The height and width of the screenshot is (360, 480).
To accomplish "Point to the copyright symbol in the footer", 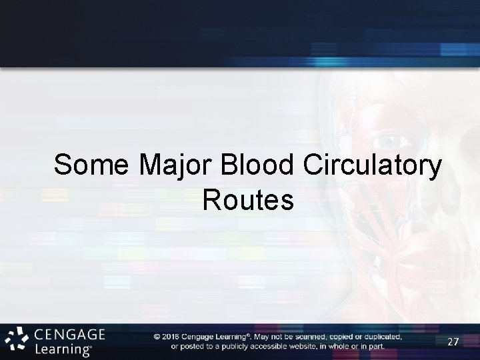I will [x=157, y=337].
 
